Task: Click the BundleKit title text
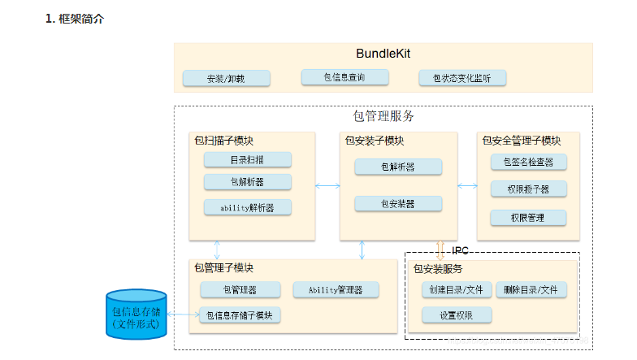click(383, 54)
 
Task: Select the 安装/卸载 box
click(226, 79)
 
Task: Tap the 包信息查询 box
click(344, 77)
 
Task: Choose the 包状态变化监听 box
click(463, 78)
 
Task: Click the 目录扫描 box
click(248, 160)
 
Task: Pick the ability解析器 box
click(248, 207)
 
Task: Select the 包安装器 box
click(398, 203)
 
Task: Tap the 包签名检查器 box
click(529, 162)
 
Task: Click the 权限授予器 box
click(529, 189)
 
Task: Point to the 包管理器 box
click(240, 289)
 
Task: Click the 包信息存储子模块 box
click(240, 315)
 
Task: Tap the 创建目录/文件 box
click(457, 289)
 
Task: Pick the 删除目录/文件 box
click(531, 289)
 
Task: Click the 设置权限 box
click(457, 315)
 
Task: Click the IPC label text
click(461, 251)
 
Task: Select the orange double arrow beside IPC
click(440, 247)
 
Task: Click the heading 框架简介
click(80, 18)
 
